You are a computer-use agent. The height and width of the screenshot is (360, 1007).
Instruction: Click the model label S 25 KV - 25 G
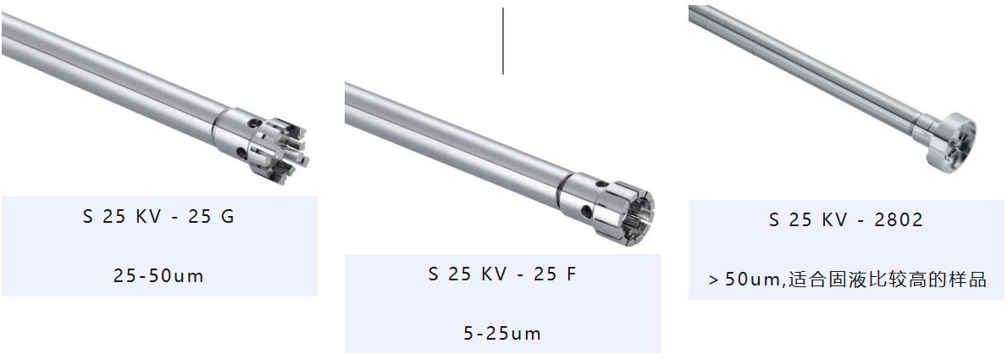(158, 217)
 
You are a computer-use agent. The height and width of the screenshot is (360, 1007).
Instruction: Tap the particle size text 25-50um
(158, 276)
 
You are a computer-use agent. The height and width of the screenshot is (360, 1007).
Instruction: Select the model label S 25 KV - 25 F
(503, 274)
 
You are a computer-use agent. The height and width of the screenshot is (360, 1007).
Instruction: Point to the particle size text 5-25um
(503, 334)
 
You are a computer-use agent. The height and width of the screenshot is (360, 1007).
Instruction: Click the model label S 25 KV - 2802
(846, 220)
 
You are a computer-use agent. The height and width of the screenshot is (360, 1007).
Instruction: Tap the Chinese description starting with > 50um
(848, 280)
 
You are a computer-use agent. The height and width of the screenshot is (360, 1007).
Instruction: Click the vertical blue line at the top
(503, 42)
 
